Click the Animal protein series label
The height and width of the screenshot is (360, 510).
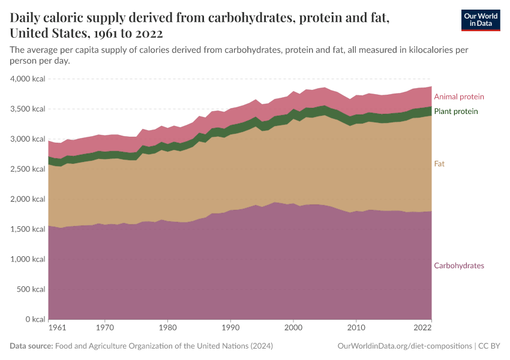(x=458, y=97)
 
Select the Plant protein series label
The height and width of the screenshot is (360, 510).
(x=455, y=112)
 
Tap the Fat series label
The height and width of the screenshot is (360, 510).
(x=439, y=163)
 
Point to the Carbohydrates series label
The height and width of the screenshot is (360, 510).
(x=458, y=266)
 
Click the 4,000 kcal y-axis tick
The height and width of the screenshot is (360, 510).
(x=28, y=79)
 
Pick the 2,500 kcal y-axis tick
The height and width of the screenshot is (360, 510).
(x=28, y=169)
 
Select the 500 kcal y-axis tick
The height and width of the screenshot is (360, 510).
(x=31, y=289)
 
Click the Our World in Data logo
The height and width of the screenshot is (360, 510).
(x=480, y=20)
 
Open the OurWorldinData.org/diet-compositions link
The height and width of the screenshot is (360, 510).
(x=404, y=346)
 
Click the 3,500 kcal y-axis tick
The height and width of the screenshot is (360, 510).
(x=28, y=109)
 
